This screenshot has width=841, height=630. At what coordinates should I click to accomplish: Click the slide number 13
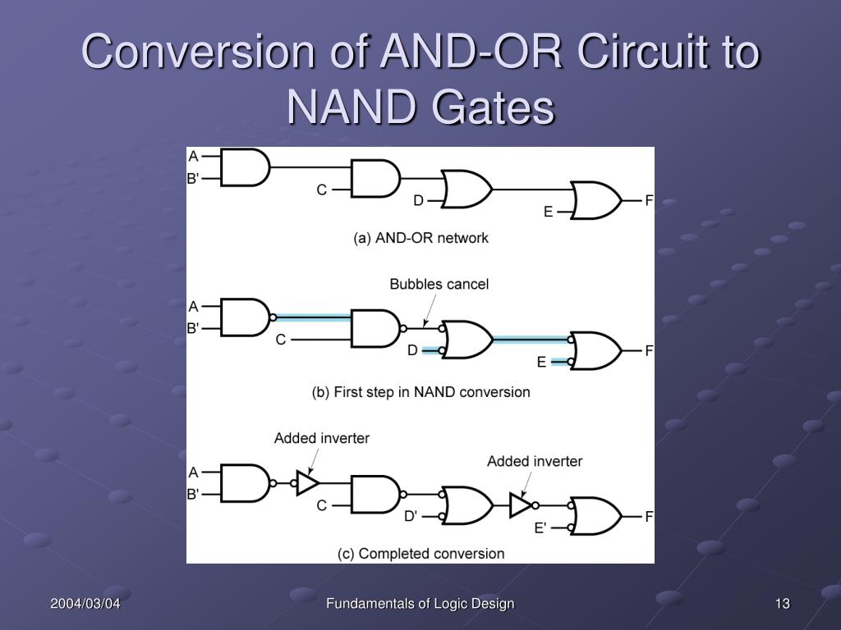pyautogui.click(x=782, y=604)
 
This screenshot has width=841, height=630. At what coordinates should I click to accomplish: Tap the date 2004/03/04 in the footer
pyautogui.click(x=85, y=604)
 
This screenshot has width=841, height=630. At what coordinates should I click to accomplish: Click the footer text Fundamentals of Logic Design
pyautogui.click(x=420, y=604)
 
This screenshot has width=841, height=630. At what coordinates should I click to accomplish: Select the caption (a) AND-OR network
pyautogui.click(x=420, y=238)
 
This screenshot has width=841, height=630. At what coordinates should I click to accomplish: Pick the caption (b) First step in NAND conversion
pyautogui.click(x=420, y=392)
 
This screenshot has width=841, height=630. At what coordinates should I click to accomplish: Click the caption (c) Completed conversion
pyautogui.click(x=420, y=554)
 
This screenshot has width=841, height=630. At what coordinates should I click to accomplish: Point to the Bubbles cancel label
pyautogui.click(x=439, y=284)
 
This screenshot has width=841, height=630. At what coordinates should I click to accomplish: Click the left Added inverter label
pyautogui.click(x=322, y=438)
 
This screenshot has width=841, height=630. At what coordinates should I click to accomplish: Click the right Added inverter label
pyautogui.click(x=535, y=461)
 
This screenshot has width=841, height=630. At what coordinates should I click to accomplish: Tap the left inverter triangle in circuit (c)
pyautogui.click(x=306, y=483)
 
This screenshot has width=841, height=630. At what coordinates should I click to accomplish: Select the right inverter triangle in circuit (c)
pyautogui.click(x=520, y=504)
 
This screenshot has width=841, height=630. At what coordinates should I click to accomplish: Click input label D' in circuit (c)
pyautogui.click(x=411, y=517)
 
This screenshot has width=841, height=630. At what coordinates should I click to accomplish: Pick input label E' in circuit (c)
pyautogui.click(x=540, y=527)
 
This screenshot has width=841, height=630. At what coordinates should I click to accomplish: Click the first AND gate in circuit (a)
pyautogui.click(x=245, y=167)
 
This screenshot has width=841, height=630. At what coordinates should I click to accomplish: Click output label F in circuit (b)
pyautogui.click(x=649, y=351)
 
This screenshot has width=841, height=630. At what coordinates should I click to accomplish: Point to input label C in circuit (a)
pyautogui.click(x=322, y=189)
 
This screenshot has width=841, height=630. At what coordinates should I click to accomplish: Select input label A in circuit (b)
pyautogui.click(x=194, y=307)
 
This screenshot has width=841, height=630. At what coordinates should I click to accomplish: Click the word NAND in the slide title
pyautogui.click(x=346, y=107)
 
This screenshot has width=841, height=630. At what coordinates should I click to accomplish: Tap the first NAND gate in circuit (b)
pyautogui.click(x=245, y=317)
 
